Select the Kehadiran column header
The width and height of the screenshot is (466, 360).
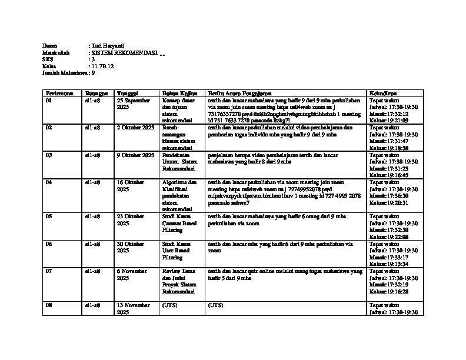382,94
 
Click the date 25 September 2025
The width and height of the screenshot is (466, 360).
134,104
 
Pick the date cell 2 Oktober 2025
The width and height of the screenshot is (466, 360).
135,128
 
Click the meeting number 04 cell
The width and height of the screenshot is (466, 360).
49,182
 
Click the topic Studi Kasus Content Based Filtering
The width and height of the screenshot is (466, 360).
179,224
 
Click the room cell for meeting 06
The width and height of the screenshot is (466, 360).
92,244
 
